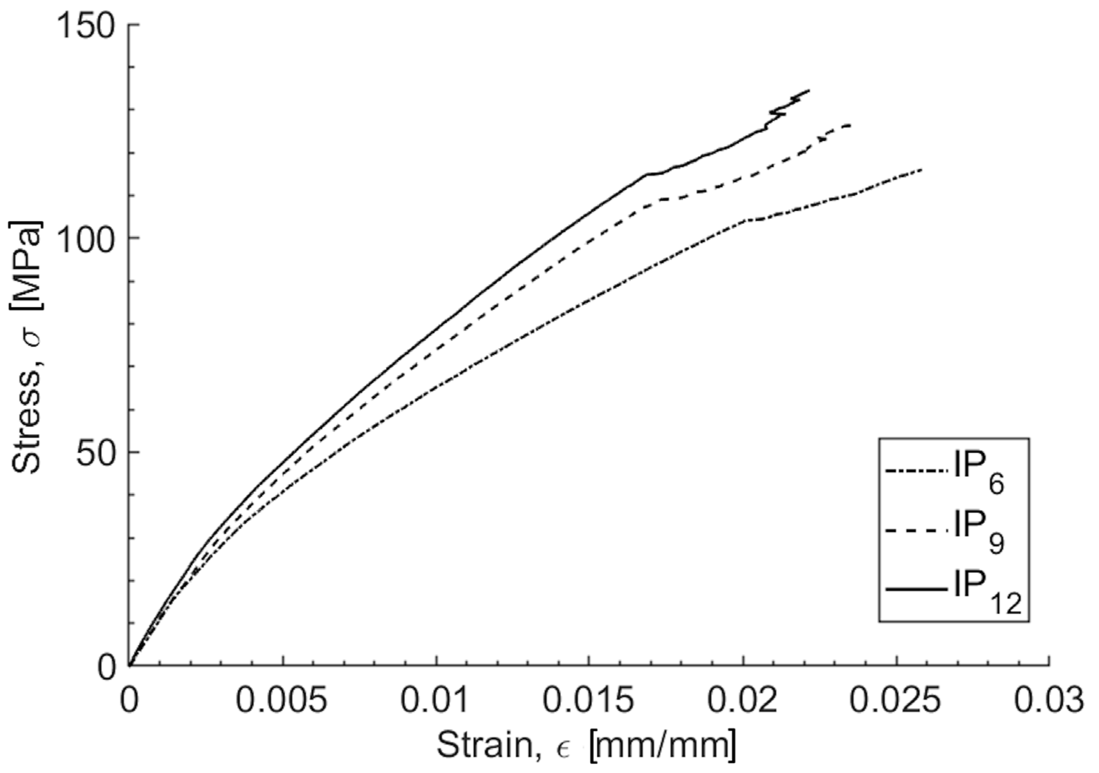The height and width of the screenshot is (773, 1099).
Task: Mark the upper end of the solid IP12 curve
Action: tap(809, 90)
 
